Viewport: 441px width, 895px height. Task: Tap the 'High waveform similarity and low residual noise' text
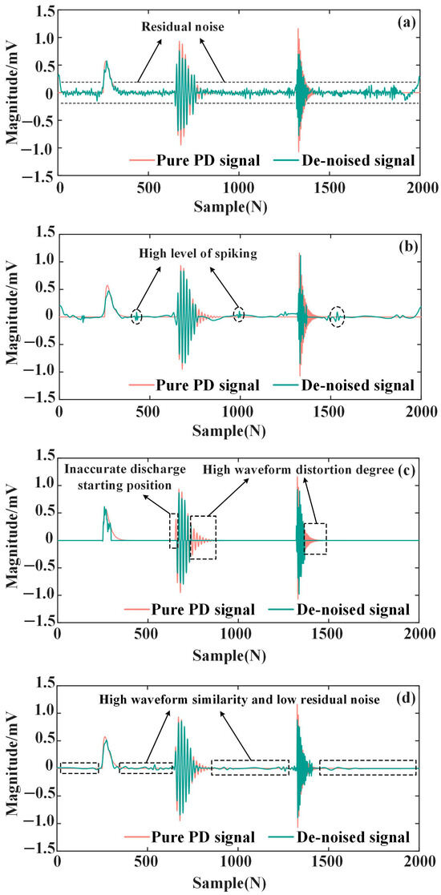tap(250, 699)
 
